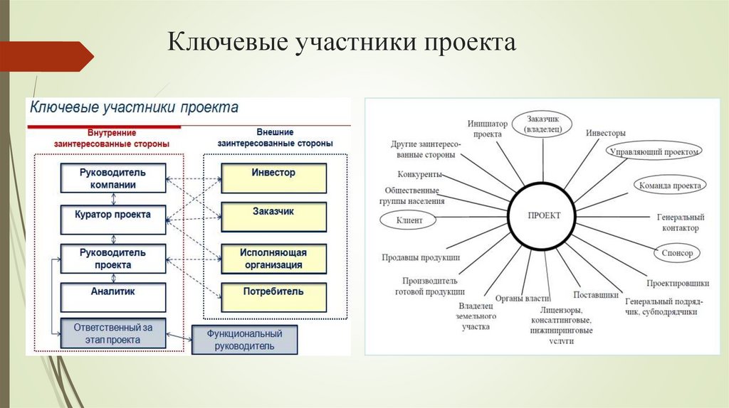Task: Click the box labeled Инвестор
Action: click(x=273, y=178)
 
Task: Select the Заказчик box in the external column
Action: click(x=273, y=217)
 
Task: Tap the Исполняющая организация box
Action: click(x=273, y=259)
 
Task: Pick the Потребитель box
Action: click(x=273, y=297)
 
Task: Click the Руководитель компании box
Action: click(x=113, y=178)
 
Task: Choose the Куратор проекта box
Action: click(x=113, y=217)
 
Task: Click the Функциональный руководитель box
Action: click(x=245, y=340)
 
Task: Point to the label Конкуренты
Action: click(x=420, y=175)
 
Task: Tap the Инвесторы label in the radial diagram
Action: click(x=606, y=133)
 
